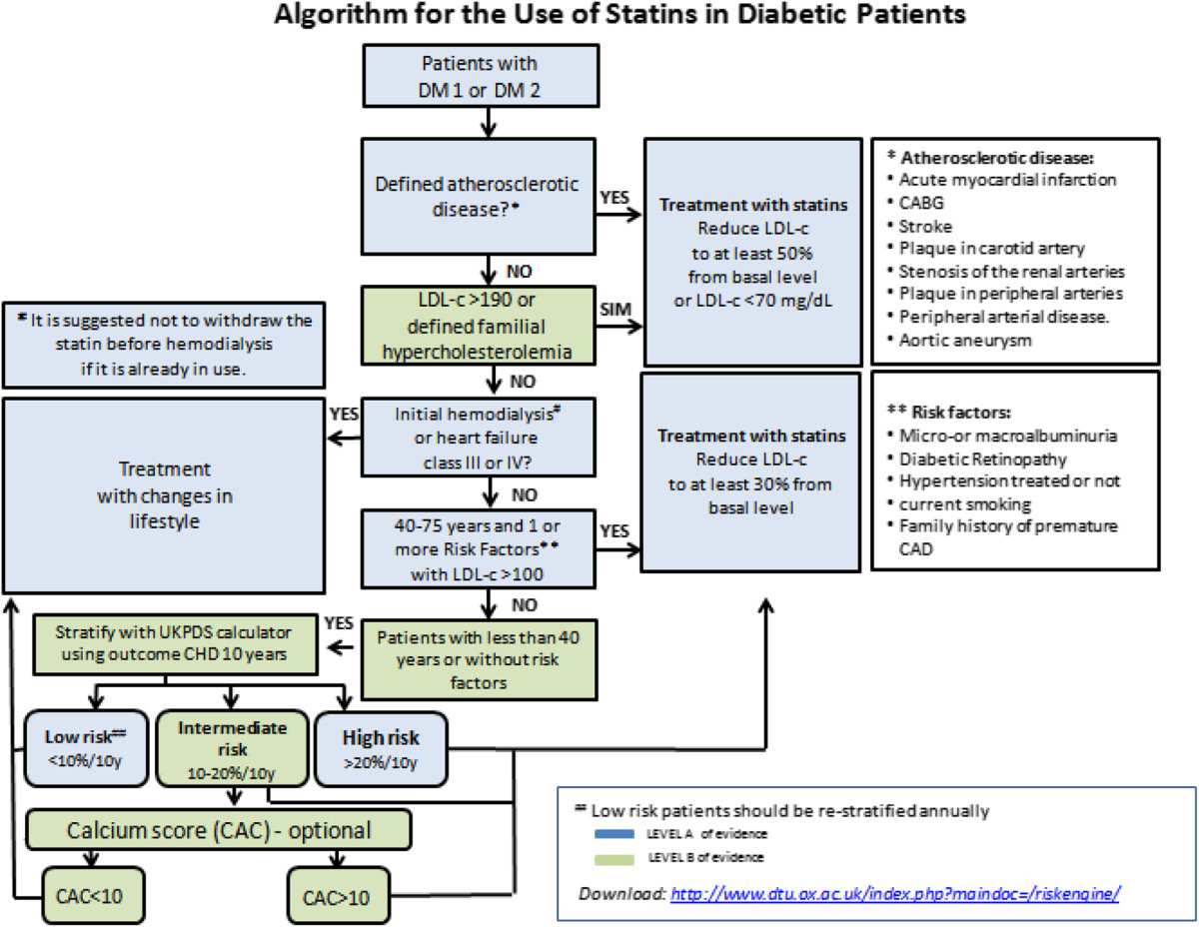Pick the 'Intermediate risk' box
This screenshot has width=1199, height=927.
pos(230,747)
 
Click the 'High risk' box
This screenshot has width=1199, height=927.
pos(381,747)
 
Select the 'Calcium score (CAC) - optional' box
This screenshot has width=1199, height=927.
pos(219,830)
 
